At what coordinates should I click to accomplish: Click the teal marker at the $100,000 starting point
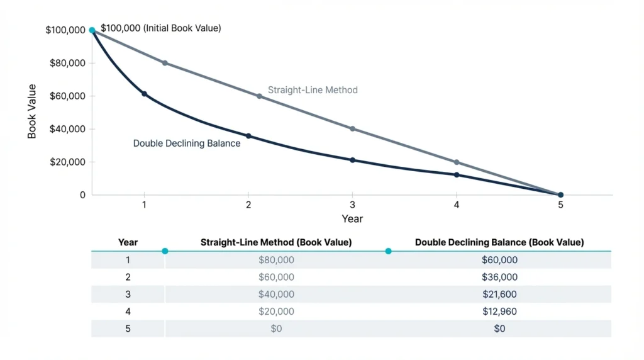(92, 30)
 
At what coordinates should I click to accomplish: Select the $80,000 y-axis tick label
(66, 63)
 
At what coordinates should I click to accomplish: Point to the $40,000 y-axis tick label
(66, 129)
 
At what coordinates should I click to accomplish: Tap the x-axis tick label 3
(352, 205)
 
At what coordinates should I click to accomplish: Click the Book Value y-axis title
(32, 111)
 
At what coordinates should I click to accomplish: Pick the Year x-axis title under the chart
(352, 219)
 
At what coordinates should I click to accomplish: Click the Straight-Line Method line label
(313, 90)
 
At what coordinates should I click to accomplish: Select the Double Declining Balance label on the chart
(187, 143)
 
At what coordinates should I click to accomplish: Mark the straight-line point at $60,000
(259, 96)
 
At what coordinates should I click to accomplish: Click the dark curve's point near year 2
(248, 136)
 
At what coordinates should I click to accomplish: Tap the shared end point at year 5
(560, 195)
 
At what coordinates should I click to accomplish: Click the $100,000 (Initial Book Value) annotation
(161, 28)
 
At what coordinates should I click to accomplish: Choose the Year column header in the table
(128, 242)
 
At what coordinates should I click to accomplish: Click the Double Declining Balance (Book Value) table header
(499, 242)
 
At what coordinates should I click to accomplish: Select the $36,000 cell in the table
(499, 277)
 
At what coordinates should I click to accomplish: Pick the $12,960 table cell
(499, 311)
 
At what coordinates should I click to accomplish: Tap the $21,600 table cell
(499, 294)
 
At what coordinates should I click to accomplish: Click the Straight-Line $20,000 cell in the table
(276, 311)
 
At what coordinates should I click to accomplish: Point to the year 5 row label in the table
(128, 328)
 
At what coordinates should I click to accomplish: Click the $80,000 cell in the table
(276, 260)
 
